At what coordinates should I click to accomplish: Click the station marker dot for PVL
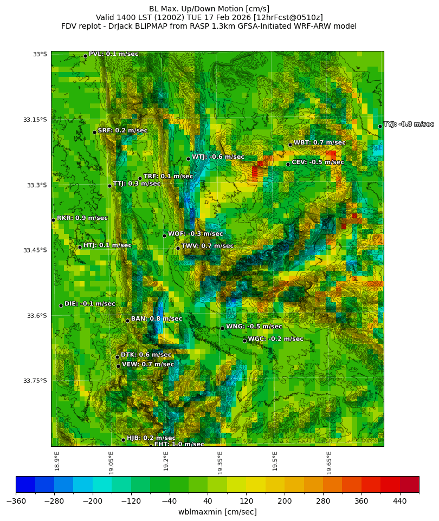tap(85, 56)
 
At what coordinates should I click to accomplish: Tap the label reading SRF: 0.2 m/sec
tap(122, 131)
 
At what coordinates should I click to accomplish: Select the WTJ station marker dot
tap(188, 159)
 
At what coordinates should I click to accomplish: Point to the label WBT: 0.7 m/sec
tap(319, 142)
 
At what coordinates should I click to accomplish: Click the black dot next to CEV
tap(288, 164)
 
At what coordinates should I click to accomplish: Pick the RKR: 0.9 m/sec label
tap(82, 218)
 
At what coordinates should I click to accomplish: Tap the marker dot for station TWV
tap(178, 248)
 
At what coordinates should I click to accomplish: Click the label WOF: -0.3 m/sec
tap(195, 234)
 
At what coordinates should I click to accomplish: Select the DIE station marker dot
tap(61, 305)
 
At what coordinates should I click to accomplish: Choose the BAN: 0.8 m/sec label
tap(156, 318)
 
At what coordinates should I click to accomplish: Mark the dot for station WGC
tap(244, 341)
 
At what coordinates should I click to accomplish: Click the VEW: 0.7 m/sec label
tap(147, 364)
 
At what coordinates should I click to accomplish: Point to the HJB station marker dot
tap(123, 440)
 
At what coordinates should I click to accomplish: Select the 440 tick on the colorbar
tap(399, 501)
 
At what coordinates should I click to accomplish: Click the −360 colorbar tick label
tap(16, 501)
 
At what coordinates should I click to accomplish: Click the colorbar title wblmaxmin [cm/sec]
tap(217, 512)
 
